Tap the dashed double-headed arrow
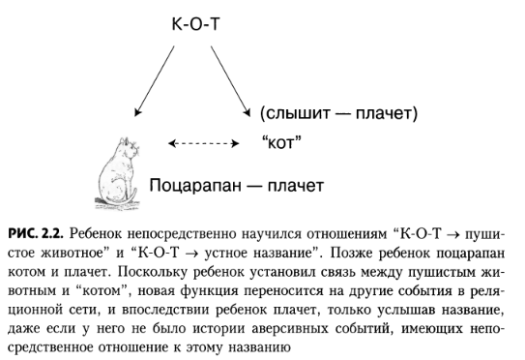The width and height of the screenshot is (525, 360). (202, 144)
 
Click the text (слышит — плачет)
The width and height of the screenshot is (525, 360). (337, 114)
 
